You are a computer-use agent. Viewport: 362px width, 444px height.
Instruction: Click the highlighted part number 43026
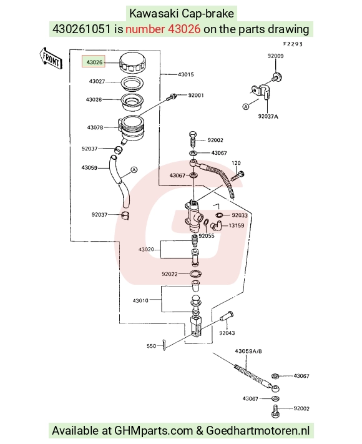pos(94,62)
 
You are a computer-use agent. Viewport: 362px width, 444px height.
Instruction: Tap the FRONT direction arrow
pos(51,59)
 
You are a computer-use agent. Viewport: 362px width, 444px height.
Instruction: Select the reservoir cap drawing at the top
pos(132,62)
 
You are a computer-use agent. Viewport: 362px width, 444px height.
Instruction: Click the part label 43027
pos(97,82)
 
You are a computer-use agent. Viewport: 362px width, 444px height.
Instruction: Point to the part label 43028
pos(94,100)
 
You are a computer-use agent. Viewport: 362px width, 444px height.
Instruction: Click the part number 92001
pos(196,95)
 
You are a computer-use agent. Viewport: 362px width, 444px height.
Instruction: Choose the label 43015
pos(186,74)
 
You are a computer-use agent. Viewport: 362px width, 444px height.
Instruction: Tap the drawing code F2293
pos(293,44)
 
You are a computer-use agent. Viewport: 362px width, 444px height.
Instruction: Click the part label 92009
pos(275,56)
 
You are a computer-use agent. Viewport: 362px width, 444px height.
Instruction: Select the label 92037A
pos(268,116)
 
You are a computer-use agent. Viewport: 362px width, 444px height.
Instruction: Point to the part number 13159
pos(237,225)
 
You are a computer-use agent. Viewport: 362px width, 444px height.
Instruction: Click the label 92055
pos(207,236)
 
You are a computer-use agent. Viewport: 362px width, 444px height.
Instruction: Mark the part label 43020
pos(146,249)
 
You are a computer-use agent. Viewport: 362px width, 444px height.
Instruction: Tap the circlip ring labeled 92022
pos(195,274)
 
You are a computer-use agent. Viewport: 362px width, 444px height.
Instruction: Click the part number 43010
pos(140,300)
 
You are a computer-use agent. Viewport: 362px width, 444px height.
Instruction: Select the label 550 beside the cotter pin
pos(151,346)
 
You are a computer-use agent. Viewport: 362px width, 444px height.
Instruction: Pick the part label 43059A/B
pos(248,352)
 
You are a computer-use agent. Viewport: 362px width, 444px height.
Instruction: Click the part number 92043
pos(227,333)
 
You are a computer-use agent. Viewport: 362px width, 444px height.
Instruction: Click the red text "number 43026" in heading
pos(163,29)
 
